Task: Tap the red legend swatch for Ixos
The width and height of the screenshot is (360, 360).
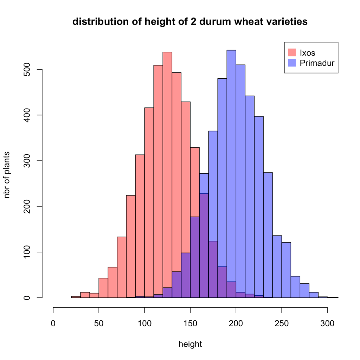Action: [x=292, y=53]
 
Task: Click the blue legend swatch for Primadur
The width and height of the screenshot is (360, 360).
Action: [x=292, y=63]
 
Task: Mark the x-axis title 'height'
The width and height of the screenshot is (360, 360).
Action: [x=190, y=344]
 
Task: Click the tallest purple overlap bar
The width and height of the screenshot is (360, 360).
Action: [x=204, y=246]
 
